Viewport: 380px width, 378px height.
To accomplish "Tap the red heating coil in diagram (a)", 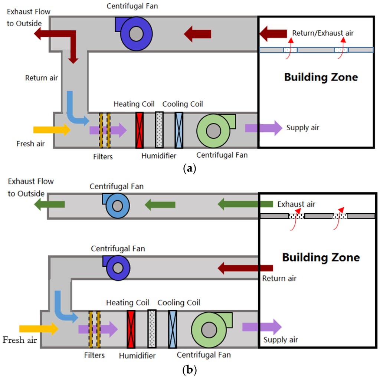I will [x=140, y=126].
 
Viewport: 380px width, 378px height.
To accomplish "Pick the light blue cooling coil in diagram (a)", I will [x=179, y=126].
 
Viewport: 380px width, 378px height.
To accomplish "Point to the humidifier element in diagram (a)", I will [x=160, y=126].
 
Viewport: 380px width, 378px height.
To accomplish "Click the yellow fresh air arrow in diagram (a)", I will [x=52, y=130].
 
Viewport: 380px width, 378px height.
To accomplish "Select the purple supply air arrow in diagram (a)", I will [x=263, y=128].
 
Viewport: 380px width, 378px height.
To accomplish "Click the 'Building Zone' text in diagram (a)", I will [x=321, y=77].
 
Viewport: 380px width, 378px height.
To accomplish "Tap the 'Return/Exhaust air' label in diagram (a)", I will [x=323, y=33].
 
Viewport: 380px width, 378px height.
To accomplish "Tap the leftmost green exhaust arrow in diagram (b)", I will [x=49, y=204].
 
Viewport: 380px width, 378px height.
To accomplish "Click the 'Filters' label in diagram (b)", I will [x=94, y=355].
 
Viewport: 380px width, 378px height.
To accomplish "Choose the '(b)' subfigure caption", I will [x=190, y=370].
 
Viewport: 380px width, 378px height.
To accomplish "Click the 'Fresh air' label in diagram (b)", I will [x=20, y=340].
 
